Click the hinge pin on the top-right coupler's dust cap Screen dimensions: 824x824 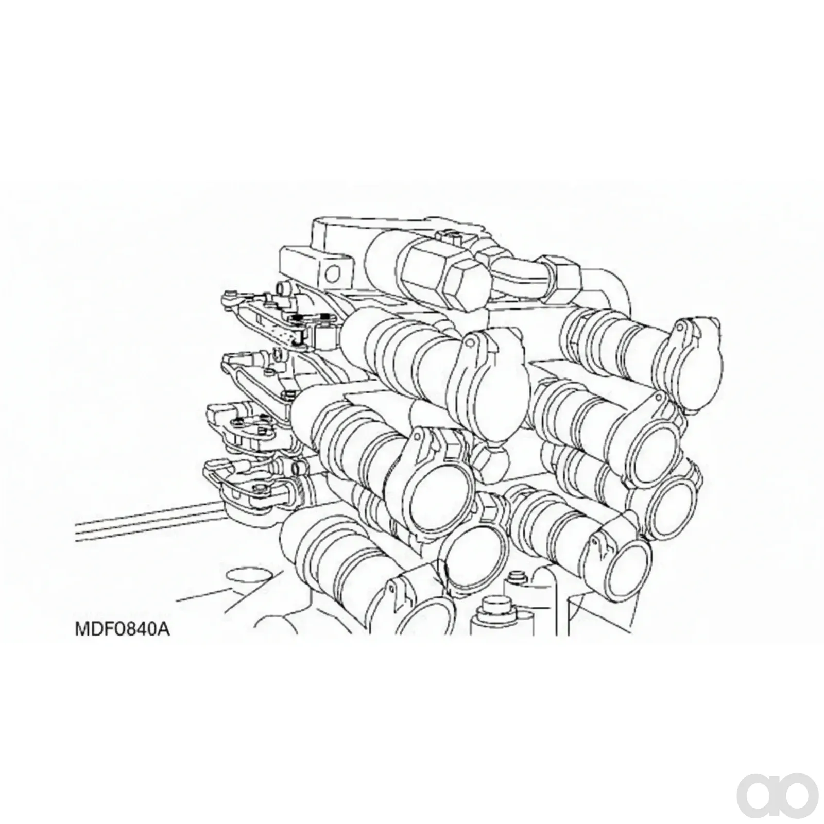680,327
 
